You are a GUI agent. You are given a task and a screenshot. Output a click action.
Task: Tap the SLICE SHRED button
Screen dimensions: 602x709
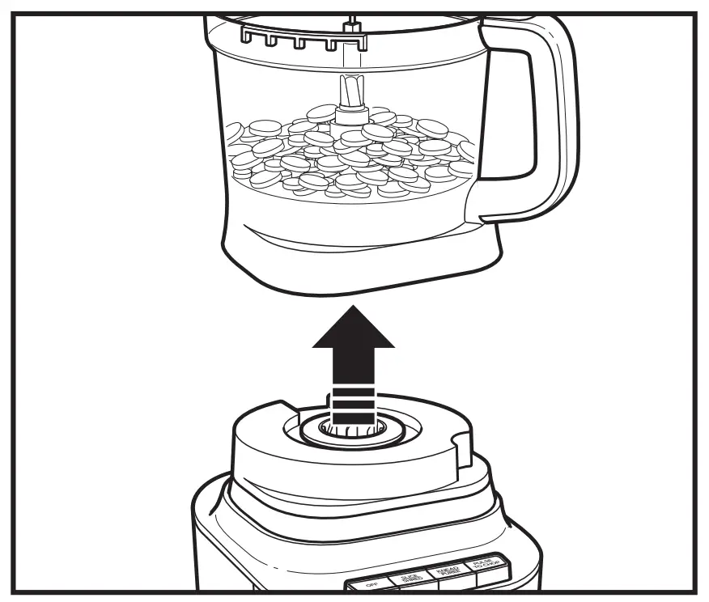pyautogui.click(x=410, y=577)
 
